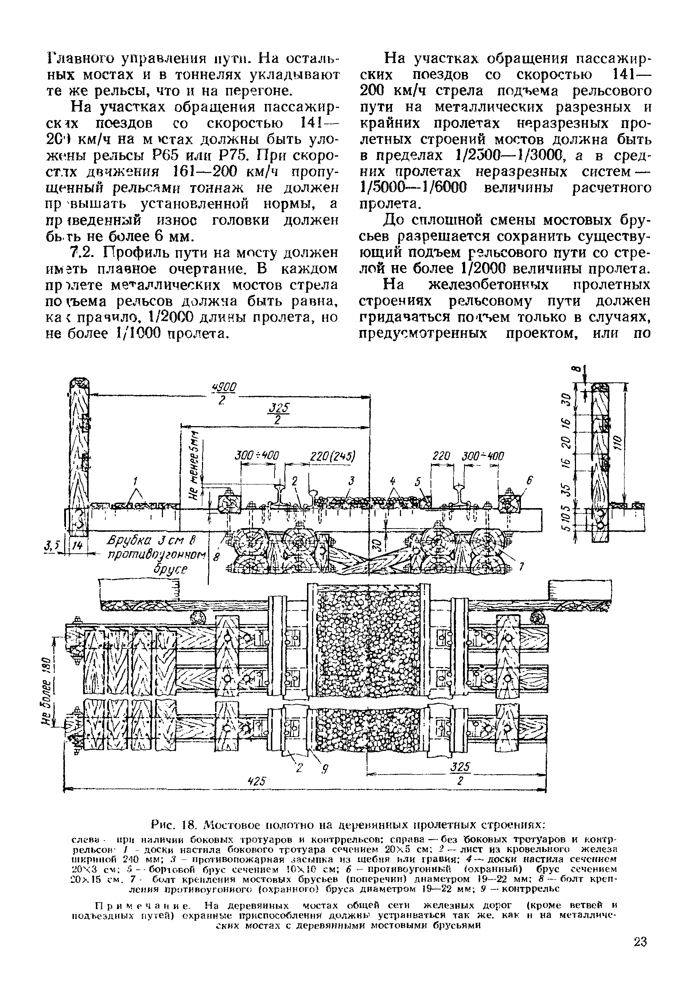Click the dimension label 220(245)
333,456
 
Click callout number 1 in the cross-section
135,480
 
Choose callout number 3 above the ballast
351,480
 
